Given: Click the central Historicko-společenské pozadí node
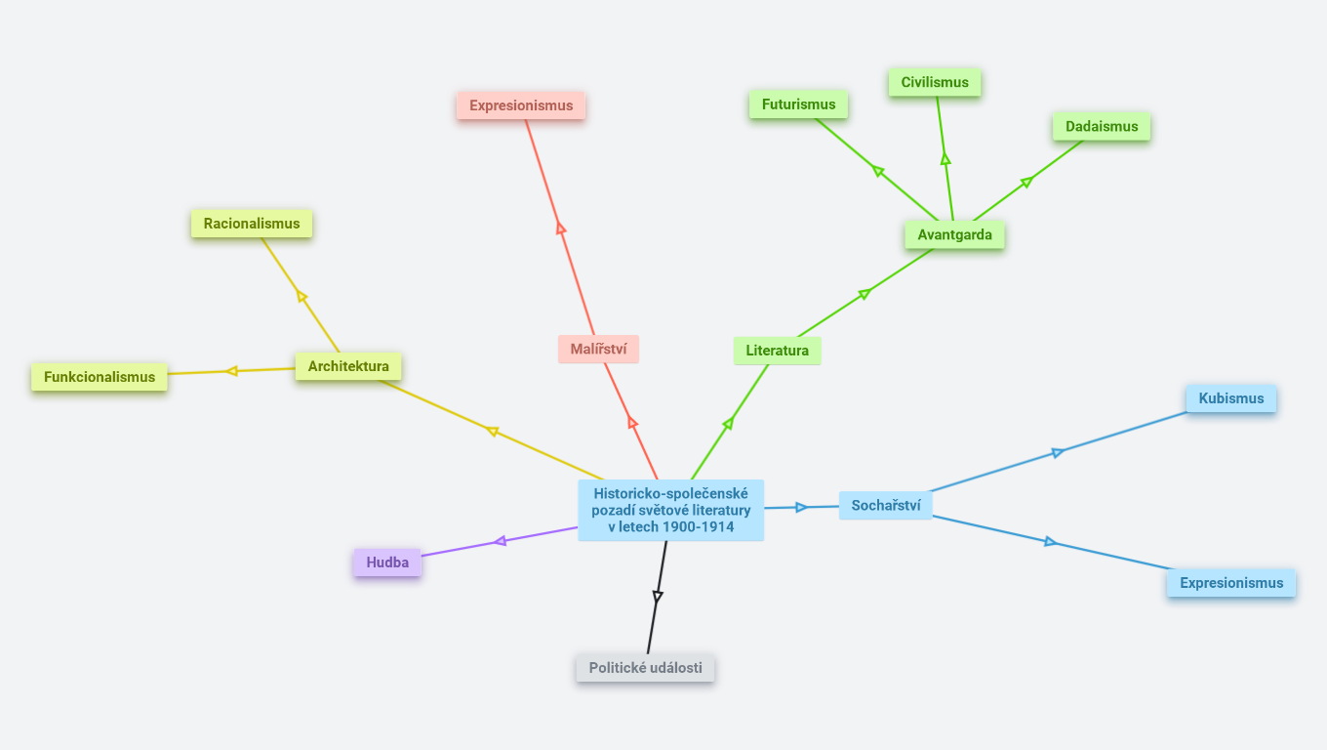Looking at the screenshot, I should [670, 510].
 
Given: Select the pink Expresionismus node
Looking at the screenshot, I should [521, 105].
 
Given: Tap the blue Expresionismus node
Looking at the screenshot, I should [1231, 583].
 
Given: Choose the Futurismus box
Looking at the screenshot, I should [798, 104].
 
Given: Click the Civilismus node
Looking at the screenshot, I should [935, 82].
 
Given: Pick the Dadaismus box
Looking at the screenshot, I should [1102, 126].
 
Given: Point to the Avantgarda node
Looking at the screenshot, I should [954, 234].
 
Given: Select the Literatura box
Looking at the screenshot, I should [777, 351].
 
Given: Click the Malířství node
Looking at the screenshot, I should [598, 349].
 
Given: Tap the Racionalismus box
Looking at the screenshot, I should [252, 224].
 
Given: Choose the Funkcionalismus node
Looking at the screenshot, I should [100, 377].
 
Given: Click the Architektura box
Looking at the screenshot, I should [348, 366].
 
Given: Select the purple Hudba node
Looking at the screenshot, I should [387, 562].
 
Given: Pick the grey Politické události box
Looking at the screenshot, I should [645, 668].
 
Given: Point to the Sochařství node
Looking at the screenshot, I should [886, 505].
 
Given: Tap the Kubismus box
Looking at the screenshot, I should [1231, 398].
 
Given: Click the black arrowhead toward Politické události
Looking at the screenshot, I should [658, 596].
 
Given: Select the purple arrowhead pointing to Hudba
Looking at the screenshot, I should [500, 541].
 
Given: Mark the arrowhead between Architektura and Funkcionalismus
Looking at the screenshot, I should [231, 371].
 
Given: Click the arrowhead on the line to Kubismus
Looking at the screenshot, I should [1058, 452].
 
